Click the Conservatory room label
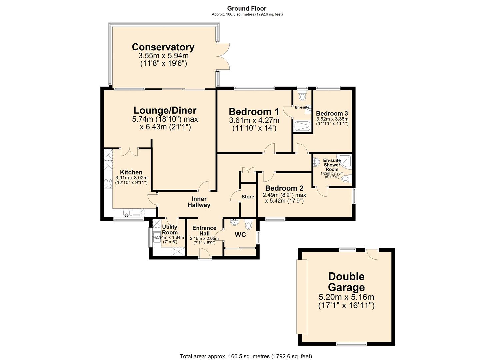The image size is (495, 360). tap(163, 47)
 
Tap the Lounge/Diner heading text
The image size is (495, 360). tap(165, 110)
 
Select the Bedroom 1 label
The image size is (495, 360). tap(254, 112)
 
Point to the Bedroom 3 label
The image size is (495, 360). tap(332, 113)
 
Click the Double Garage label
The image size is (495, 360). tap(346, 282)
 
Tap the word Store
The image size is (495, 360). tap(248, 197)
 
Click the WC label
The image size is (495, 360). tap(240, 235)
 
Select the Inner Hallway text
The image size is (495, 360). tap(199, 202)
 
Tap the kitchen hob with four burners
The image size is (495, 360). tap(108, 183)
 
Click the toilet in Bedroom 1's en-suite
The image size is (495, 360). tap(302, 97)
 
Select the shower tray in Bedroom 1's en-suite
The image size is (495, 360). tap(303, 126)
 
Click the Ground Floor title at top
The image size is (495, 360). tap(247, 8)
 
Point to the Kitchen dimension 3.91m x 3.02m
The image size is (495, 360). tap(131, 178)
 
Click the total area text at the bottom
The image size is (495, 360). tap(246, 356)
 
